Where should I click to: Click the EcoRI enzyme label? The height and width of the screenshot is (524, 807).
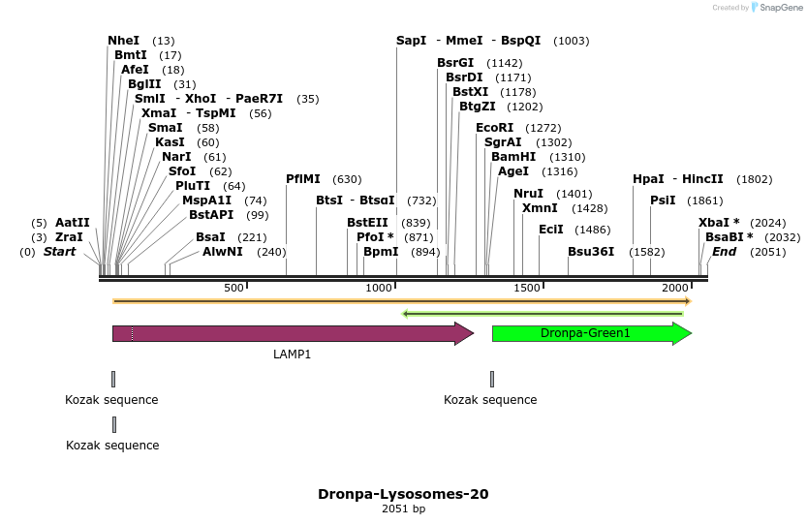(x=494, y=127)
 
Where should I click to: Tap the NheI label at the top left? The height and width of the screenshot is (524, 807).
(x=123, y=41)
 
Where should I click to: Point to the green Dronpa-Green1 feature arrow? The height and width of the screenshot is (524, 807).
(x=591, y=333)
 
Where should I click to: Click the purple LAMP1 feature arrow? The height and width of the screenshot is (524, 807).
(x=291, y=333)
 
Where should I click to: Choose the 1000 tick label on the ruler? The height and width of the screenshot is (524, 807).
(x=379, y=289)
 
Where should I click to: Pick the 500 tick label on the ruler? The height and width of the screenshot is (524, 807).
(x=233, y=289)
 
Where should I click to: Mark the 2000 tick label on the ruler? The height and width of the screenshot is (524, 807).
(x=674, y=289)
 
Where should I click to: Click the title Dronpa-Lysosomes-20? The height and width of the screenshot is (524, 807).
(x=403, y=494)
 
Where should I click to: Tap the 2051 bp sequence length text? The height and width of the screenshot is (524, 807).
(x=403, y=509)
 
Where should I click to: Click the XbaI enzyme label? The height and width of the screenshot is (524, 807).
(x=715, y=223)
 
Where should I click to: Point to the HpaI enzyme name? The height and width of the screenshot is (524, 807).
(x=648, y=179)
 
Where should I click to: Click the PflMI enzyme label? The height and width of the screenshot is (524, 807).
(x=303, y=179)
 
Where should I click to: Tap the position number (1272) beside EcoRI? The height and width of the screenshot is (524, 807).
(x=543, y=128)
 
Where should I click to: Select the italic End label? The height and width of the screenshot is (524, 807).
(x=724, y=252)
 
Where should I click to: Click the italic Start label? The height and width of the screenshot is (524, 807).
(x=59, y=252)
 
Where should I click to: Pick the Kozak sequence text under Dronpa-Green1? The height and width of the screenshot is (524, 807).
(x=490, y=400)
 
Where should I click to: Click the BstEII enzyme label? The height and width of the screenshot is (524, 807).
(x=367, y=223)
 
